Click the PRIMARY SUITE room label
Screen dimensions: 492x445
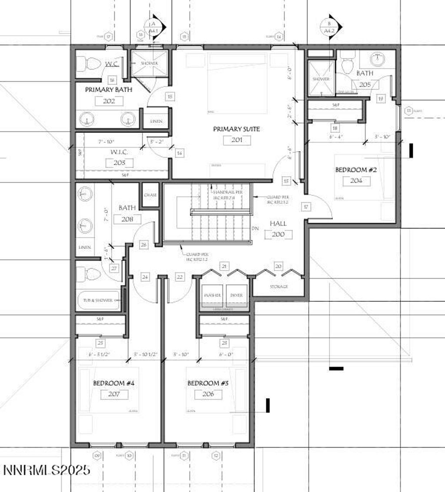pos(236,129)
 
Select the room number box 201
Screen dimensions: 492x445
pos(237,140)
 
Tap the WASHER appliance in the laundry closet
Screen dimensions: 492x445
pos(212,295)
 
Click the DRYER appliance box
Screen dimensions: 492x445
pos(236,295)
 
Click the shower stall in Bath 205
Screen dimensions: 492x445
pos(321,78)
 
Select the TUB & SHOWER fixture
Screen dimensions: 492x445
pos(98,300)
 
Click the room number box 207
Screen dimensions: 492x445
pos(114,394)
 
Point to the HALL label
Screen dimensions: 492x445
pos(278,223)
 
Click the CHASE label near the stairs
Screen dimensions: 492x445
pos(150,195)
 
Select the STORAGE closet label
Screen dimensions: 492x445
pos(278,287)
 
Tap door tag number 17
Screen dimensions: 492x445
pos(306,207)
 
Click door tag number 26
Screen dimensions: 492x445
pos(144,245)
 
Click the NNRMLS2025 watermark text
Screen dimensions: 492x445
pos(47,470)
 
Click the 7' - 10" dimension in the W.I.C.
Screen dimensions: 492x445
pos(106,142)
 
